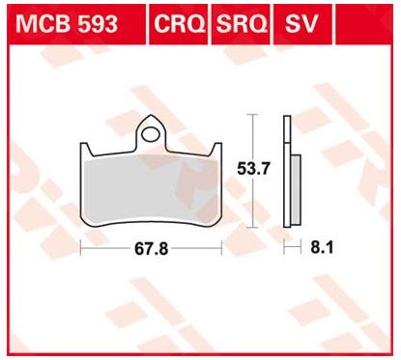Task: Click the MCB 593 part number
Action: (x=67, y=24)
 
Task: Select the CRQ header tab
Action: (x=179, y=24)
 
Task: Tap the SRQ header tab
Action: (x=242, y=24)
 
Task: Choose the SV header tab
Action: (x=301, y=24)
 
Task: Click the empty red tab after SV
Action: (x=364, y=24)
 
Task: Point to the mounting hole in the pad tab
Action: (x=151, y=134)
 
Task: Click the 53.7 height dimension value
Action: (x=253, y=169)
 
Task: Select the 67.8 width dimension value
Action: (x=151, y=249)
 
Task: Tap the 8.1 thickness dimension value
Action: (x=322, y=247)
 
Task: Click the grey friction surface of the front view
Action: (x=151, y=190)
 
